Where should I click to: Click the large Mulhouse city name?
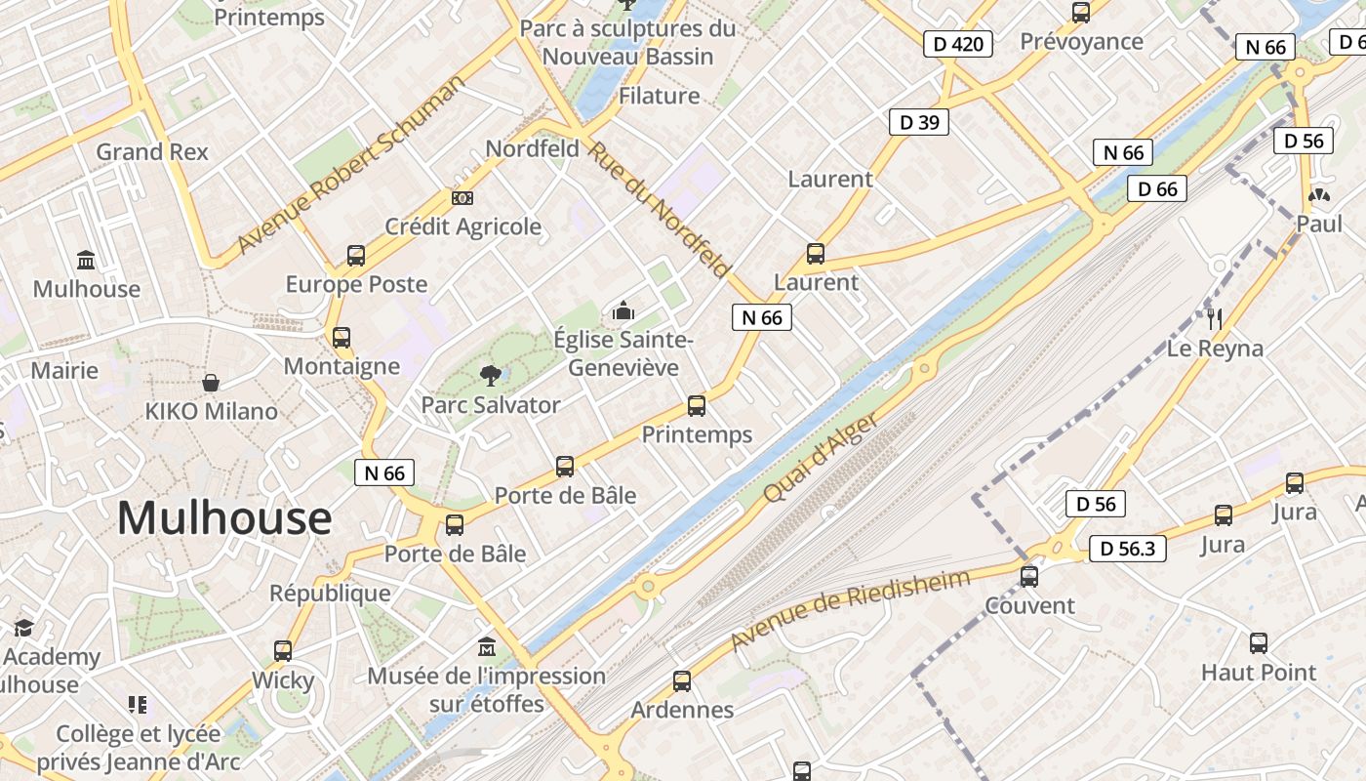click(224, 517)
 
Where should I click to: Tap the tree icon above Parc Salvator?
click(490, 374)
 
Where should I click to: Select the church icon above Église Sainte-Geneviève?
click(623, 311)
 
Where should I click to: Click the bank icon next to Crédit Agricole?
click(462, 197)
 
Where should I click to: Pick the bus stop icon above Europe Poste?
click(356, 255)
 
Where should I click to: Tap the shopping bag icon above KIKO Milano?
click(211, 382)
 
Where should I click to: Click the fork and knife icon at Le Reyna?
click(1215, 318)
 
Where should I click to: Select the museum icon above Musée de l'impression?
click(487, 646)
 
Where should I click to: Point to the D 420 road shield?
click(958, 44)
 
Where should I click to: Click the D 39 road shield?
click(919, 122)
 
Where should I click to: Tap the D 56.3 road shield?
click(1127, 549)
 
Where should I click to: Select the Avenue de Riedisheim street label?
click(851, 609)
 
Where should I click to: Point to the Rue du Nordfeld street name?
click(660, 207)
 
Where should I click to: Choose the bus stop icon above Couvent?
click(1029, 576)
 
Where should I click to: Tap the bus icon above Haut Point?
click(1259, 642)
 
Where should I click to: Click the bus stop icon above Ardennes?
click(682, 680)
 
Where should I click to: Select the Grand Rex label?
click(152, 151)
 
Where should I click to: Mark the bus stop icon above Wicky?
click(283, 650)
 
